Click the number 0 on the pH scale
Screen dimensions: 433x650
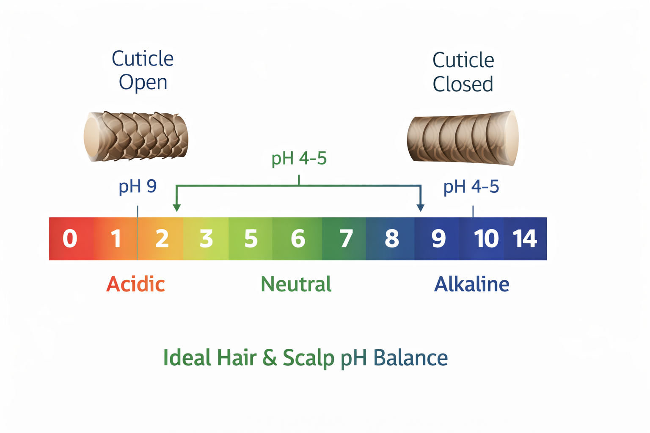70,238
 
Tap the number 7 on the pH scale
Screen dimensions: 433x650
346,238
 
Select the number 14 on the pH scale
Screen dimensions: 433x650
525,238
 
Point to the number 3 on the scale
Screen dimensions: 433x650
206,238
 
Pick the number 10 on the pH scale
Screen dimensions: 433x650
486,238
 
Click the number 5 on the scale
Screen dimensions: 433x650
251,238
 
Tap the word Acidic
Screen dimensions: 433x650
135,284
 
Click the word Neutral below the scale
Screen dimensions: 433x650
296,284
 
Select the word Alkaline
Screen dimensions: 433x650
472,284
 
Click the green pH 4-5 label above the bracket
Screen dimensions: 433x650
299,159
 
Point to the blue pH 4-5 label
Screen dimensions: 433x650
471,186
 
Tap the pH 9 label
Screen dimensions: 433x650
138,186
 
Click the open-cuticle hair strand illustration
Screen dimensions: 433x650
136,136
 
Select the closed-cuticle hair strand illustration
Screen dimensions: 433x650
463,138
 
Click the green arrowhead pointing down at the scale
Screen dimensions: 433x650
177,207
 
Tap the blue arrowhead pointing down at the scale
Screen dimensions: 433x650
420,207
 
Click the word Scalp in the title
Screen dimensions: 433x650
308,358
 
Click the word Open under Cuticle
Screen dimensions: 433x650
143,82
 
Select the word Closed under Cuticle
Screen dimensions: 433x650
463,84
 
